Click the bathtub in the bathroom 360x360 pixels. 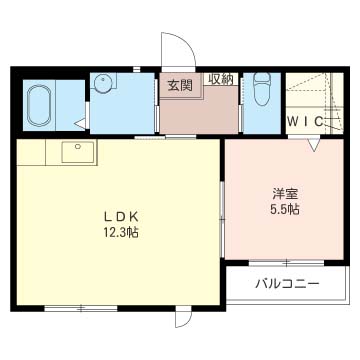point(39,105)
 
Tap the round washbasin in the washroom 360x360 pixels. point(104,83)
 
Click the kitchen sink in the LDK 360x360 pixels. point(78,152)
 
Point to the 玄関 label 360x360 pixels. point(180,86)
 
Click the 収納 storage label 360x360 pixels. point(221,79)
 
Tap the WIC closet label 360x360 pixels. point(305,122)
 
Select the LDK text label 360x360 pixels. point(120,217)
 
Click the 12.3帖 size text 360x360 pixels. point(120,232)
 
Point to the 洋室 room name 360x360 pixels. point(284,194)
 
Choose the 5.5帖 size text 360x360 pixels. point(284,209)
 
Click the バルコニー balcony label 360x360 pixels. point(287,284)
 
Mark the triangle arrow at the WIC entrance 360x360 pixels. point(314,145)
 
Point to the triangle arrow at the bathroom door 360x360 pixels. point(80,124)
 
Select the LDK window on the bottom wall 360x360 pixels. point(81,309)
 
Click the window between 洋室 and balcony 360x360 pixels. point(286,263)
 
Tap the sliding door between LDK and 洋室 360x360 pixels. point(222,219)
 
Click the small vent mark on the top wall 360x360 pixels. point(137,69)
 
